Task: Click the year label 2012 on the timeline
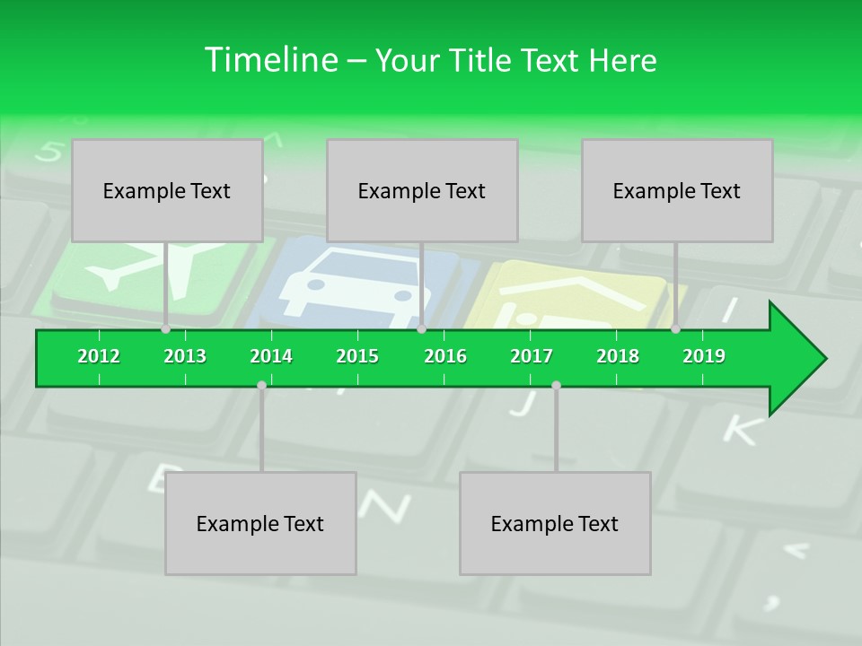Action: click(x=99, y=356)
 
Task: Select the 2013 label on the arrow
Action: click(x=185, y=356)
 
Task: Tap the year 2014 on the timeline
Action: click(x=271, y=356)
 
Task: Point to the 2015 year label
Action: click(x=357, y=356)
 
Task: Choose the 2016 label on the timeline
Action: click(x=445, y=356)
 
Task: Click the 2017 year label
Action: click(x=532, y=356)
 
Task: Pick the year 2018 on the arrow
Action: click(x=618, y=356)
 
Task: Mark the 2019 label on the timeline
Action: click(x=704, y=356)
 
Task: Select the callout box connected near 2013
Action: click(x=167, y=190)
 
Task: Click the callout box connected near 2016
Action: click(x=422, y=190)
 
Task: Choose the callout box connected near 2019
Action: click(x=677, y=190)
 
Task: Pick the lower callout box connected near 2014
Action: click(x=260, y=523)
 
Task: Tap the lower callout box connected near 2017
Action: click(x=555, y=523)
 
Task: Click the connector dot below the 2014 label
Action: click(x=261, y=385)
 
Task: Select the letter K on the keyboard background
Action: click(x=740, y=430)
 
